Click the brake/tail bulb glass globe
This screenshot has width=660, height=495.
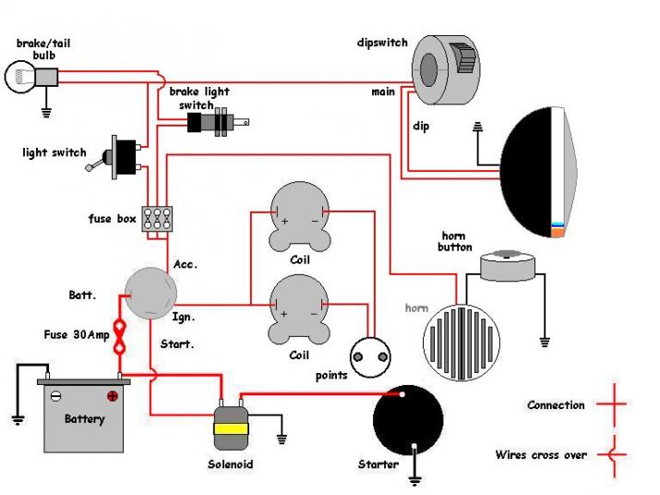(19, 77)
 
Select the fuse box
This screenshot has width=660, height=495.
(157, 219)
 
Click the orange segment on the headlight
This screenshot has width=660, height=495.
(558, 232)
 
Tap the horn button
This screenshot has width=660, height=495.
(507, 266)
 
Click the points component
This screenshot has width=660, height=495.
(370, 357)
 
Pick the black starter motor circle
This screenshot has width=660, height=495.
(408, 420)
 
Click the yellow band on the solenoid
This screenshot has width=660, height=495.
(231, 429)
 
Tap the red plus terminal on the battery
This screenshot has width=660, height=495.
(112, 396)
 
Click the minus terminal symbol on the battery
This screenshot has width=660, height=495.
(55, 396)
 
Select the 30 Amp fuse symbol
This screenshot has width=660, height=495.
(120, 337)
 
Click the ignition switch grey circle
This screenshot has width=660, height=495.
(150, 293)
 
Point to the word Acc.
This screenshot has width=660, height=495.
(186, 264)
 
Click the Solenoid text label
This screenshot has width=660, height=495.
(230, 465)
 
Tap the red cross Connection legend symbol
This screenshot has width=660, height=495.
(614, 404)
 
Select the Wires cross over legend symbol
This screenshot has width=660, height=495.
(613, 455)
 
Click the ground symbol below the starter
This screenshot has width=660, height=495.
(414, 479)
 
